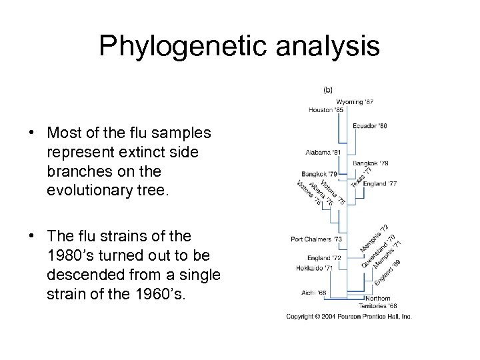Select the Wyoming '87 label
point(355,101)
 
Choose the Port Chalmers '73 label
point(317,239)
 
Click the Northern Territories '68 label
point(377,301)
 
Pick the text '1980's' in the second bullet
point(69,255)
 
